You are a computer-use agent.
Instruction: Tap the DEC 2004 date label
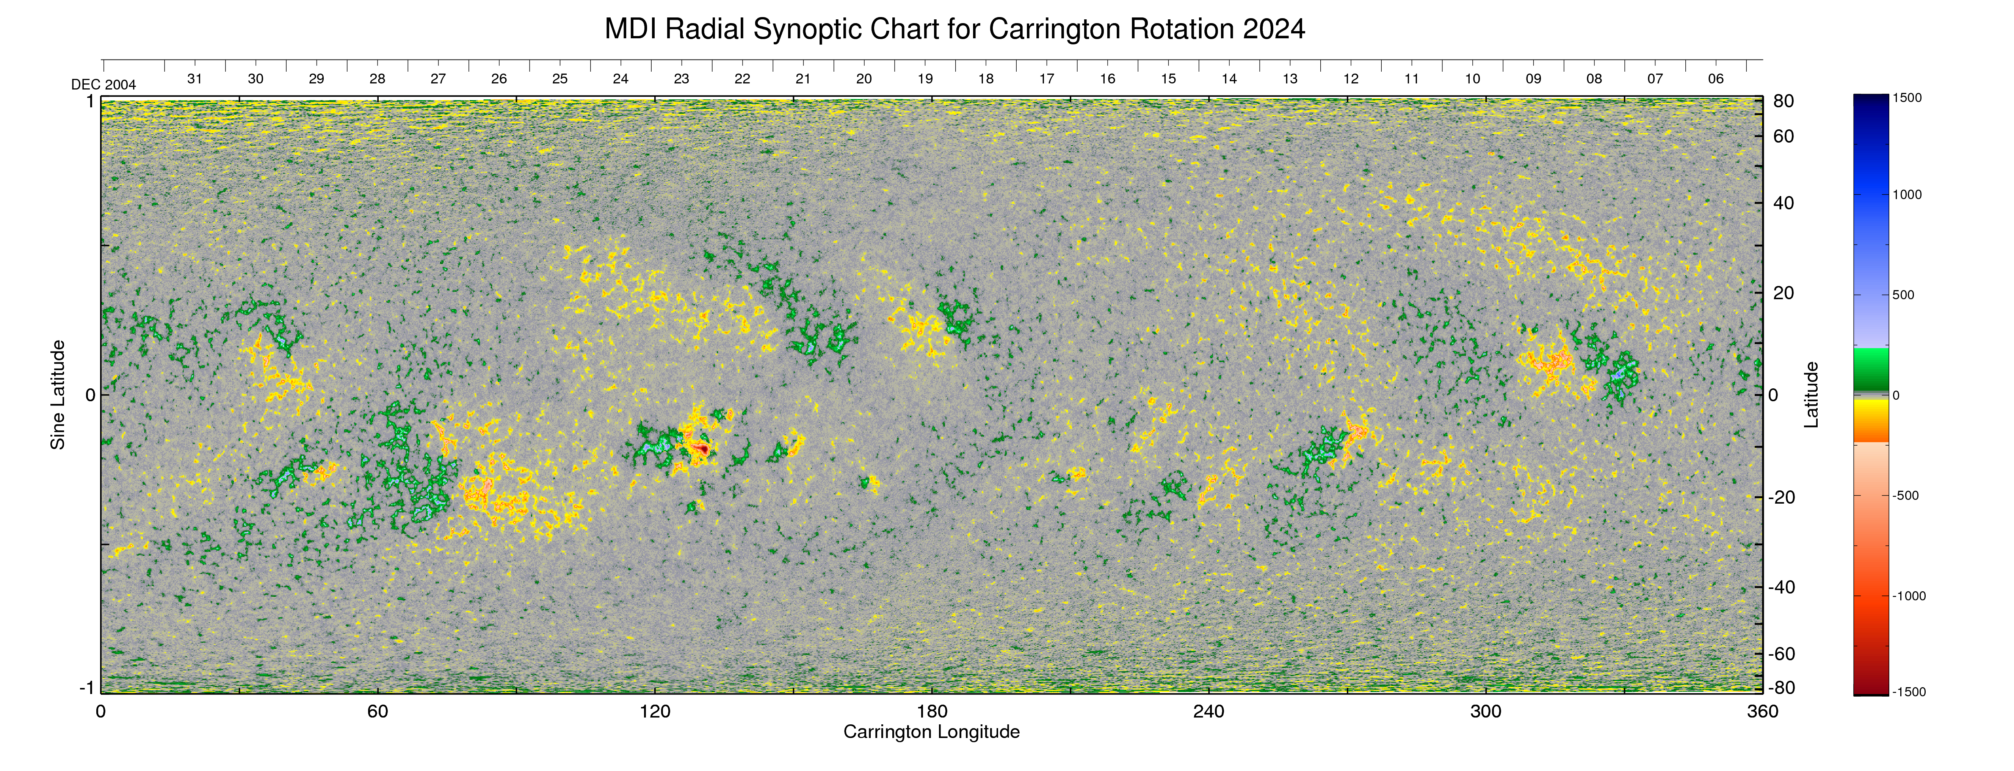[103, 85]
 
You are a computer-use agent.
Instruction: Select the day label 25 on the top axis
[560, 79]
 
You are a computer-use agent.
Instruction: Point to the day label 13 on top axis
[1290, 79]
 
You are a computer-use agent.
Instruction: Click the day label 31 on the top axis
[195, 79]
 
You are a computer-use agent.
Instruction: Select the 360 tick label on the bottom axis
[1762, 711]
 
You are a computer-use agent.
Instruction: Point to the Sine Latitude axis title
[58, 395]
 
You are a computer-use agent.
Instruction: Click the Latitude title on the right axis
[1812, 395]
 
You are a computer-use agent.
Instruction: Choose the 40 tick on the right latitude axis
[1784, 203]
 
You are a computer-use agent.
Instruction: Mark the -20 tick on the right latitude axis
[1784, 497]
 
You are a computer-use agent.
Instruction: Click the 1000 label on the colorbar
[1907, 195]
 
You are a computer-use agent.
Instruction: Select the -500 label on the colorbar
[1905, 496]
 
